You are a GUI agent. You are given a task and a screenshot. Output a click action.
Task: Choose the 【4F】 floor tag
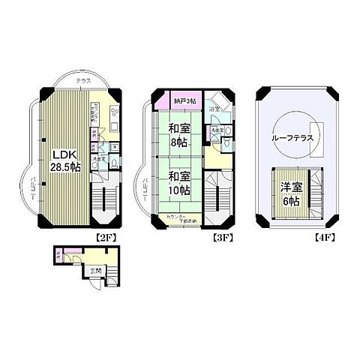(x=319, y=239)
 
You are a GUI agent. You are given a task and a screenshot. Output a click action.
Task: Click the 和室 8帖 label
(x=178, y=134)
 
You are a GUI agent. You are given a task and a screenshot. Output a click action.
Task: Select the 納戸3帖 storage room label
(x=184, y=100)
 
